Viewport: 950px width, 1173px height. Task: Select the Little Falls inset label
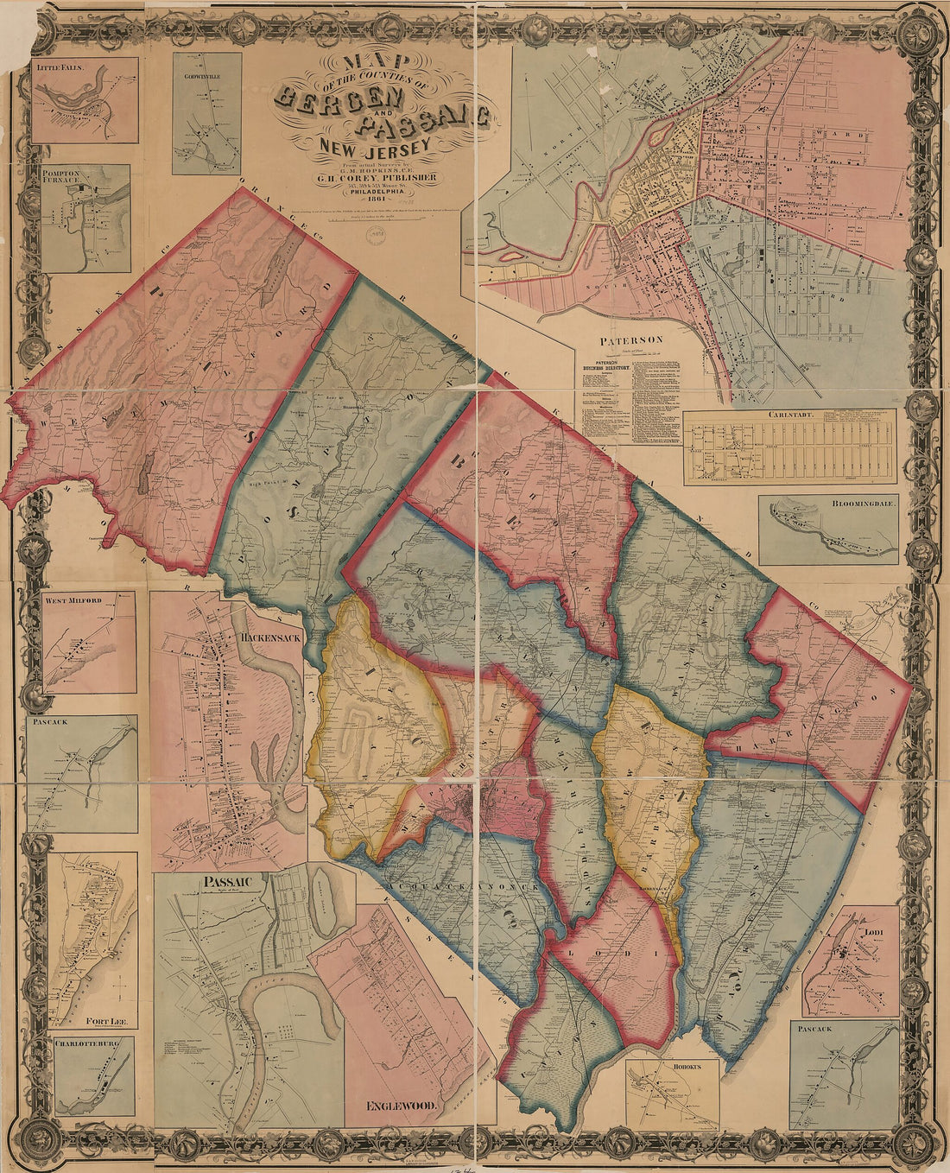click(59, 65)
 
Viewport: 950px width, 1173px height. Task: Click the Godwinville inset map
click(206, 112)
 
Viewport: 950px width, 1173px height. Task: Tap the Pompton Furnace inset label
click(60, 178)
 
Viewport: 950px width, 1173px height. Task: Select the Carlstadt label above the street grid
click(788, 415)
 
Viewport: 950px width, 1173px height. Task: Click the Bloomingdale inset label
click(864, 502)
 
